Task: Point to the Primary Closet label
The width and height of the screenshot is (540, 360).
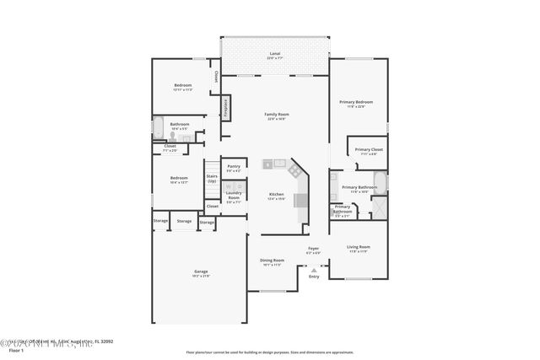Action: tap(369, 151)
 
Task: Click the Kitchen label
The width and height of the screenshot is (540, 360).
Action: tap(276, 196)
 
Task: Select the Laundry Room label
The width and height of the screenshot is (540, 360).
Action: tap(234, 198)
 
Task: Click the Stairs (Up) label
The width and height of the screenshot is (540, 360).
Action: tap(212, 179)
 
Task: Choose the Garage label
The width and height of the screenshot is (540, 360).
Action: tap(201, 273)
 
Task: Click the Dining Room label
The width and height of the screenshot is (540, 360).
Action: tap(272, 262)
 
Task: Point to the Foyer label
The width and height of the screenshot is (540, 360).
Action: tap(313, 250)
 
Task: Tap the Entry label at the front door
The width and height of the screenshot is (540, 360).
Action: tap(314, 276)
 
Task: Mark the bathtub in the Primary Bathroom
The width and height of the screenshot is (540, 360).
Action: tap(380, 183)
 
